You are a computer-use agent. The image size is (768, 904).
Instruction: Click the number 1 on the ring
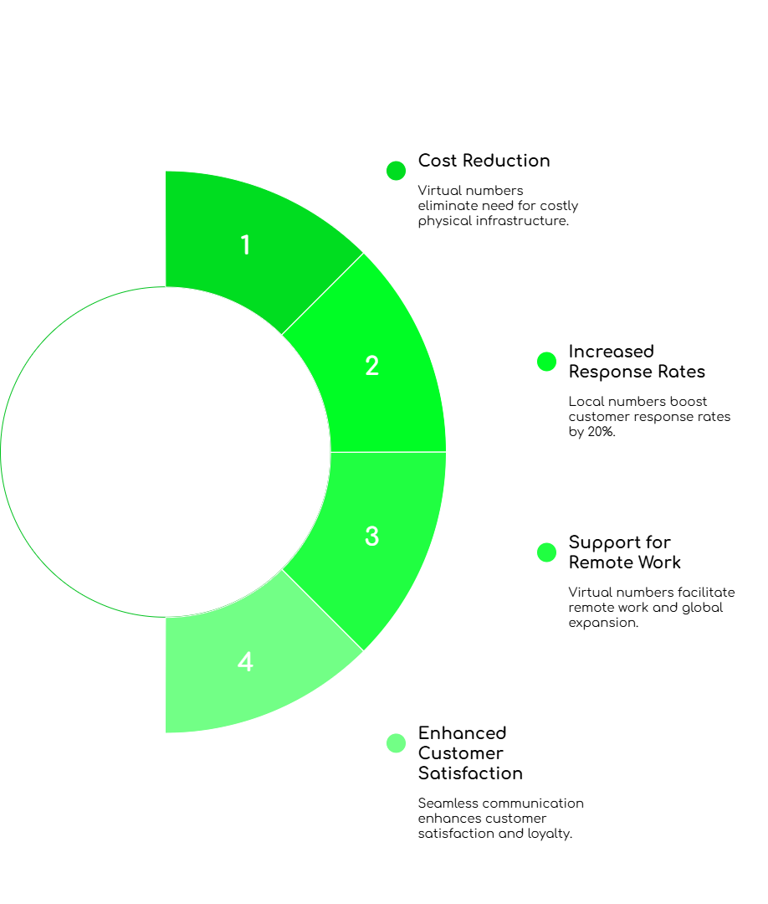tap(245, 245)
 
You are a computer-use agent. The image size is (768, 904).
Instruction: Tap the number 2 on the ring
tap(372, 366)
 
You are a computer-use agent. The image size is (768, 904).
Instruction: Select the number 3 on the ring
tap(372, 537)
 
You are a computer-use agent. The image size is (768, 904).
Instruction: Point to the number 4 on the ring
tap(245, 662)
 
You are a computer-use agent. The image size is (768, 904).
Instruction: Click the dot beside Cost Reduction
tap(397, 171)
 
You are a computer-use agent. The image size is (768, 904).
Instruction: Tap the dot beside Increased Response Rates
tap(546, 362)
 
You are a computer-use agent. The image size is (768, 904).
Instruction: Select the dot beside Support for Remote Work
tap(546, 552)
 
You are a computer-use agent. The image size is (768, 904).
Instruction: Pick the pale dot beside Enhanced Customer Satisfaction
tap(397, 742)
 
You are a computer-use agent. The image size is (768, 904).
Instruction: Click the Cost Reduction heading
tap(484, 161)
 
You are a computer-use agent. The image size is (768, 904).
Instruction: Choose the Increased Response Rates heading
tap(637, 362)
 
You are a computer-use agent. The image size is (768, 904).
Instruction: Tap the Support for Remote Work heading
tap(626, 552)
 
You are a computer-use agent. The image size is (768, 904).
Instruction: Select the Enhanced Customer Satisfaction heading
tap(470, 752)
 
